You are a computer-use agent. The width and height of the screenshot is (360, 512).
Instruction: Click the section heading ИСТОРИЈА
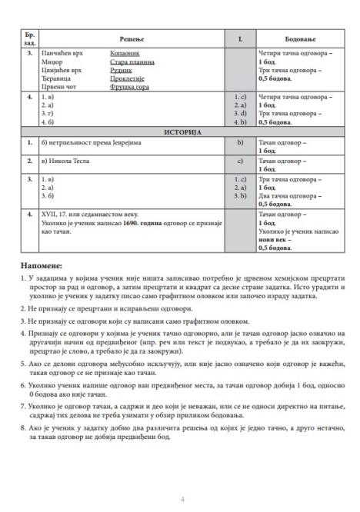click(182, 132)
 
